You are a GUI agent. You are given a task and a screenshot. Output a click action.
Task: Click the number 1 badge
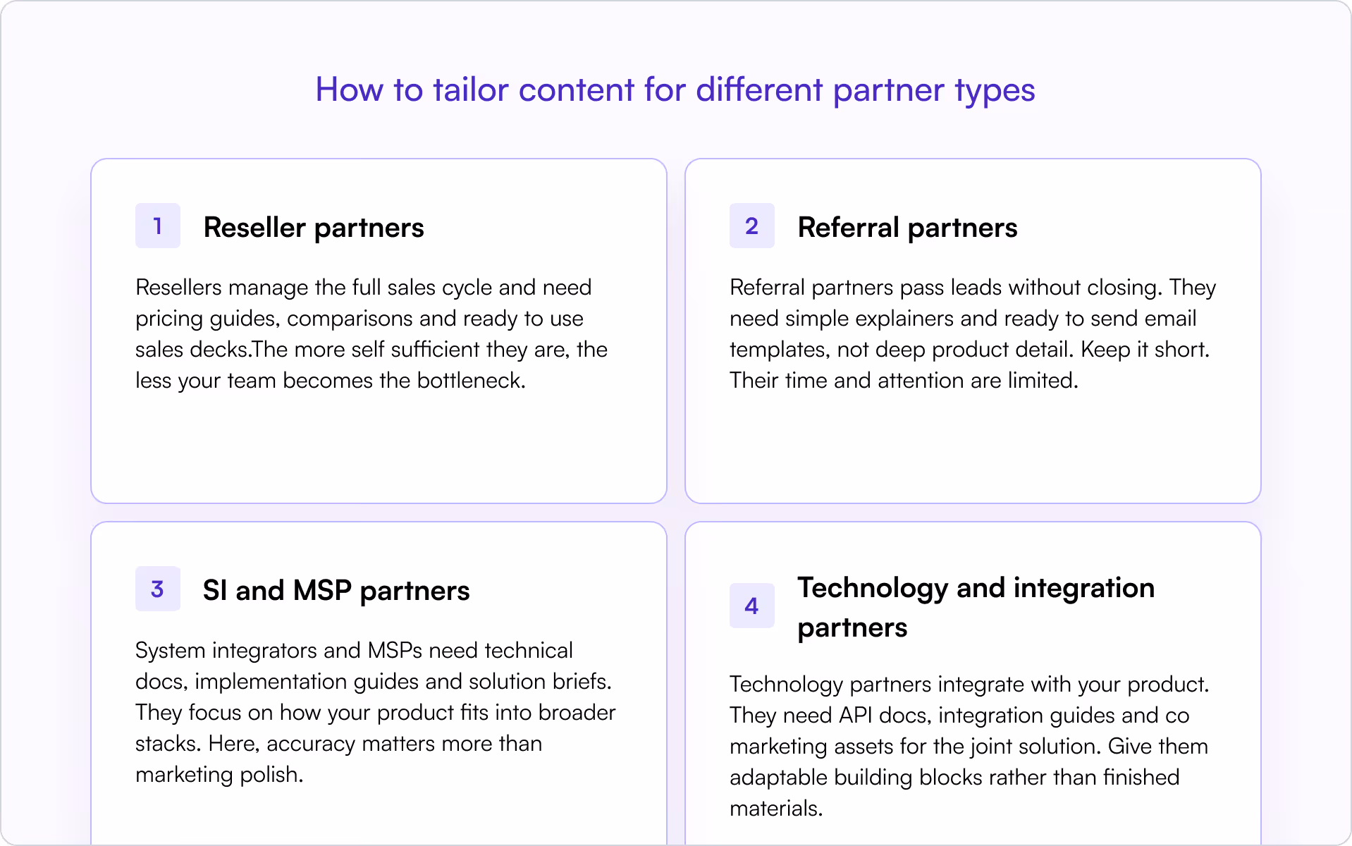coord(157,226)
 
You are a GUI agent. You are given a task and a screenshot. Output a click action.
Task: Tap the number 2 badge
coord(751,226)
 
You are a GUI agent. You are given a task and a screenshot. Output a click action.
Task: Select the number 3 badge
coord(157,589)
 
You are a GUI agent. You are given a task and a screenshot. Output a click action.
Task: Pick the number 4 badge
coord(751,606)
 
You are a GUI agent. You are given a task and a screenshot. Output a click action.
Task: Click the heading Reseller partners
coord(314,228)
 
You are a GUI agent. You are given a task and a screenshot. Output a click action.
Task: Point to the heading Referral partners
coord(907,228)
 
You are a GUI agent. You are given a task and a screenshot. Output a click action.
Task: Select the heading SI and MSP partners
coord(336,591)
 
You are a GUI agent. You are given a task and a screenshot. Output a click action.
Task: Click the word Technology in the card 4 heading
coord(872,588)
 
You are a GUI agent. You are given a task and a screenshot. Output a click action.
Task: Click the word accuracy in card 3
coord(301,744)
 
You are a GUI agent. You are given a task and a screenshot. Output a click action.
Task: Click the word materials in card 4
coord(775,809)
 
